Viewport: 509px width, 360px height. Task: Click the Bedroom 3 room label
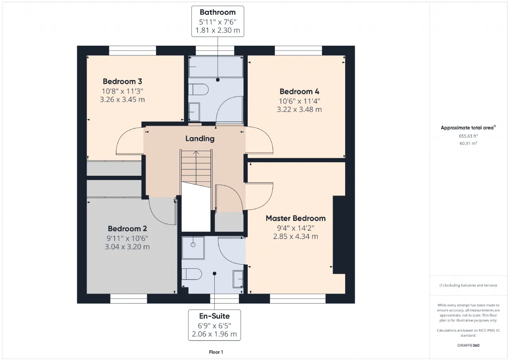pyautogui.click(x=122, y=82)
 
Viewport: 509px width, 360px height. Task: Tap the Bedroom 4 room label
pyautogui.click(x=299, y=91)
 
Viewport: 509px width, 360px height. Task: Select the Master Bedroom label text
pyautogui.click(x=295, y=218)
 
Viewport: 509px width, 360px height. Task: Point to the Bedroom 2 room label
pyautogui.click(x=127, y=228)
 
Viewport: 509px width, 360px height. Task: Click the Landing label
pyautogui.click(x=200, y=139)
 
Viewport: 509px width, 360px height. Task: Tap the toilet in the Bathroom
pyautogui.click(x=198, y=90)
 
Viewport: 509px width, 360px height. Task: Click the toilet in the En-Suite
pyautogui.click(x=192, y=274)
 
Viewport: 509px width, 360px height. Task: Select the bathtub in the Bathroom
pyautogui.click(x=216, y=67)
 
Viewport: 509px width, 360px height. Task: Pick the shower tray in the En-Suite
pyautogui.click(x=193, y=248)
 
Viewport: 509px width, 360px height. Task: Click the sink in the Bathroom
pyautogui.click(x=194, y=112)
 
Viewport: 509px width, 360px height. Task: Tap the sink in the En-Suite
pyautogui.click(x=238, y=279)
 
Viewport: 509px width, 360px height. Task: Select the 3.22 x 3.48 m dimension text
pyautogui.click(x=299, y=109)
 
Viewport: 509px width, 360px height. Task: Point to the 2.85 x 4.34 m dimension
pyautogui.click(x=295, y=237)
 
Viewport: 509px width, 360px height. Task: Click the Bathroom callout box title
pyautogui.click(x=218, y=12)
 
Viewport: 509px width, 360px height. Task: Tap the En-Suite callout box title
pyautogui.click(x=214, y=316)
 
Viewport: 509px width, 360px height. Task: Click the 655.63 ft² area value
pyautogui.click(x=468, y=136)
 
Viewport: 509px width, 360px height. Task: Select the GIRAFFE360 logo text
pyautogui.click(x=468, y=345)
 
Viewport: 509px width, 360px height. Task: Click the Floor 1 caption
pyautogui.click(x=216, y=352)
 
